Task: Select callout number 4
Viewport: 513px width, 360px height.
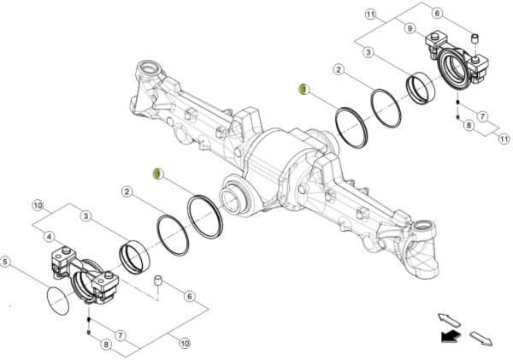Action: point(50,237)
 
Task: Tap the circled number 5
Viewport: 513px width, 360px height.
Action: point(7,262)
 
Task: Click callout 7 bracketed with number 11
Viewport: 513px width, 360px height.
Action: point(481,115)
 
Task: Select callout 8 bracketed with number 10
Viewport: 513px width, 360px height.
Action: point(106,345)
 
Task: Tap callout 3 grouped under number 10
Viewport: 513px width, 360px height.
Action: point(87,217)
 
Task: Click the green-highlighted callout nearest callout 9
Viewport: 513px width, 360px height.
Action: point(303,89)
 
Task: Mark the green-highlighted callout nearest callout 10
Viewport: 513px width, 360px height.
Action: point(156,174)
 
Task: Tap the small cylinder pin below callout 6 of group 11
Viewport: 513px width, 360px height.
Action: point(476,38)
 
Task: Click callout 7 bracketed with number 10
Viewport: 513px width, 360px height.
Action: point(121,334)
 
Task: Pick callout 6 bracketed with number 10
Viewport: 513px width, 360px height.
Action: point(191,296)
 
